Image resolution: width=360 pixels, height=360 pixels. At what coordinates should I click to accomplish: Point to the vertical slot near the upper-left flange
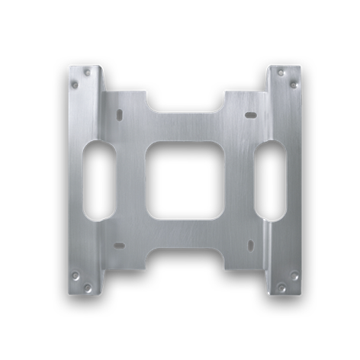pyautogui.click(x=120, y=114)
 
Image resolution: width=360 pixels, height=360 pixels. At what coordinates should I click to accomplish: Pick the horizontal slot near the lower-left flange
pyautogui.click(x=117, y=246)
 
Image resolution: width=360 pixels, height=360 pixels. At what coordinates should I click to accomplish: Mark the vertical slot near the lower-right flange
pyautogui.click(x=250, y=246)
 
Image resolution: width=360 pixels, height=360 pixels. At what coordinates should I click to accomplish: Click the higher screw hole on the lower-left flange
pyautogui.click(x=76, y=275)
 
